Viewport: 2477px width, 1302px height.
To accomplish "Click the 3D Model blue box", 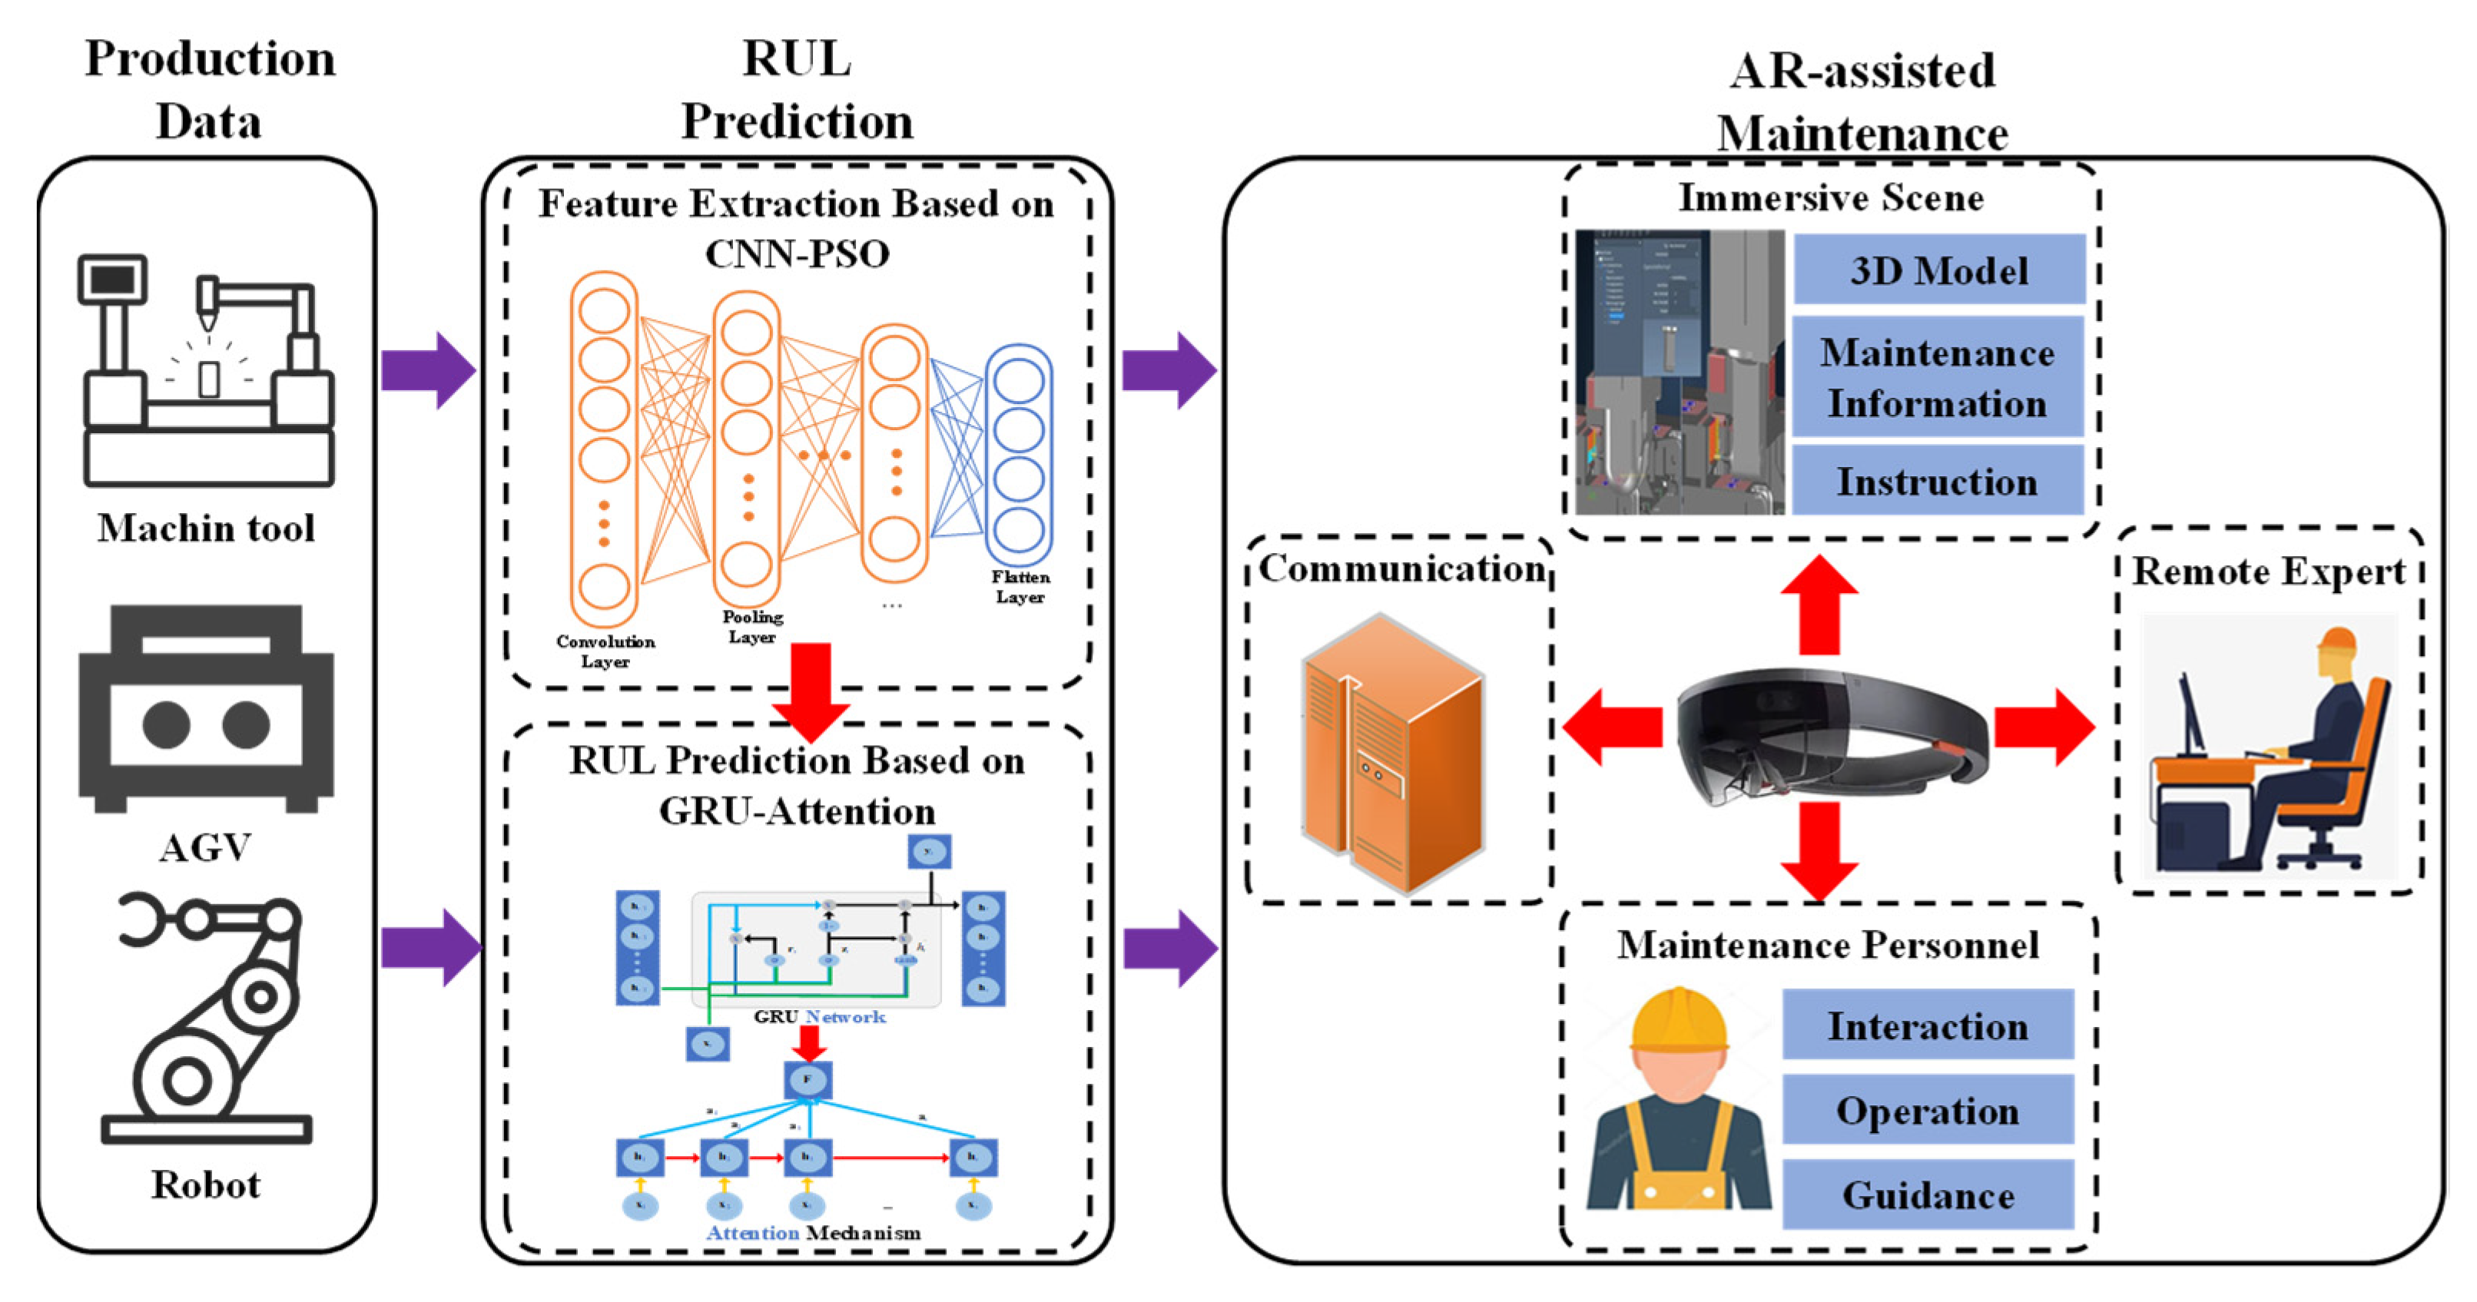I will pyautogui.click(x=1938, y=270).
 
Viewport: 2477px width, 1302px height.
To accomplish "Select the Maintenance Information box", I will pyautogui.click(x=1938, y=378).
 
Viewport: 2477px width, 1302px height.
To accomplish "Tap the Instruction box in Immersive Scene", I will pyautogui.click(x=1938, y=481).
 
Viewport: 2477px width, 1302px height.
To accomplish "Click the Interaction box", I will pyautogui.click(x=1928, y=1026).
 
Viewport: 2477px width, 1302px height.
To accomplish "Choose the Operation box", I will pyautogui.click(x=1928, y=1111).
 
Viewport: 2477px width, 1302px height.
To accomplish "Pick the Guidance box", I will pyautogui.click(x=1928, y=1195).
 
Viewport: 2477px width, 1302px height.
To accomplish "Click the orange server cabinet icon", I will pyautogui.click(x=1392, y=755).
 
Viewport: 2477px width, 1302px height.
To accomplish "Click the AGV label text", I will pyautogui.click(x=206, y=848).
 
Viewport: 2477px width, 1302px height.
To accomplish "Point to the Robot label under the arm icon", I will pyautogui.click(x=206, y=1184).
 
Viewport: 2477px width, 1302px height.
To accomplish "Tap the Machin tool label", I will pyautogui.click(x=206, y=528).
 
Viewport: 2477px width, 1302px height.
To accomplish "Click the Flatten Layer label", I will pyautogui.click(x=1020, y=587).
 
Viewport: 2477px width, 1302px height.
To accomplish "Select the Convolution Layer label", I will pyautogui.click(x=605, y=651).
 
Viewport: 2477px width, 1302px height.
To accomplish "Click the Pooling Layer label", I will pyautogui.click(x=753, y=626).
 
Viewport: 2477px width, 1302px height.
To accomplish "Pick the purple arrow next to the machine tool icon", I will pyautogui.click(x=427, y=370).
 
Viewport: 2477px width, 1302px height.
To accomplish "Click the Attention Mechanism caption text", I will pyautogui.click(x=814, y=1233).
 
